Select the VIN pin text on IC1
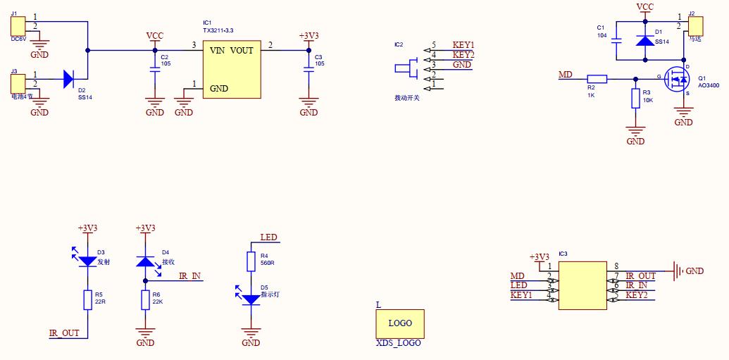tap(218, 51)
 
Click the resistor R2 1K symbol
tap(597, 79)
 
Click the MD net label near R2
tap(566, 74)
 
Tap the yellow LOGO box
tap(400, 323)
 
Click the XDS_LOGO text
tap(399, 343)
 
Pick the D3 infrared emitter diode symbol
tap(87, 260)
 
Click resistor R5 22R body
tap(87, 299)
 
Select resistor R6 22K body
tap(145, 299)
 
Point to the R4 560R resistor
tap(250, 261)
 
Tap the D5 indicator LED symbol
tap(250, 299)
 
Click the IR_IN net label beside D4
tap(189, 276)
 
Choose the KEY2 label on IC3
tap(636, 294)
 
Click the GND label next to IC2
tap(462, 65)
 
